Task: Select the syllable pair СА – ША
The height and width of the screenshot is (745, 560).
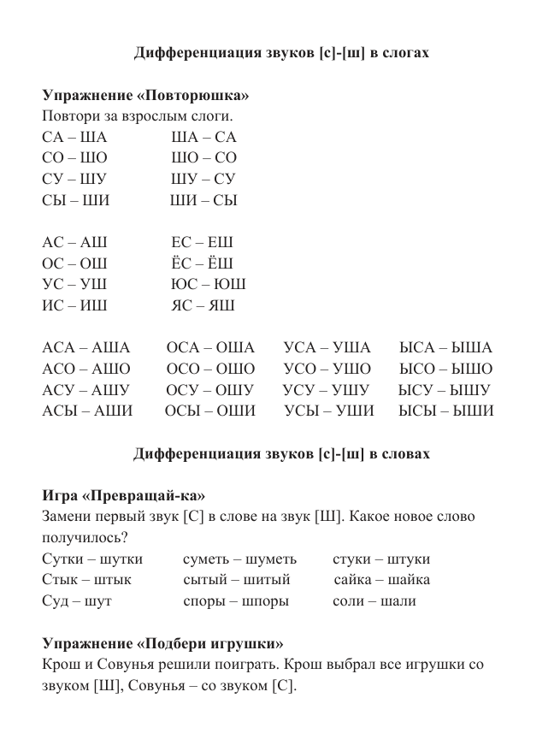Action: pos(74,137)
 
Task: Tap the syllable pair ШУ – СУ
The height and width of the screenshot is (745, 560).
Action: pos(203,179)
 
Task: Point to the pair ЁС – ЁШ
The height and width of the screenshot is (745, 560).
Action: pos(202,263)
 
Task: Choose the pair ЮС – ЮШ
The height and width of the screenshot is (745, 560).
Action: pos(209,284)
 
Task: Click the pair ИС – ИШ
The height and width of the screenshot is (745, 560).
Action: pos(74,305)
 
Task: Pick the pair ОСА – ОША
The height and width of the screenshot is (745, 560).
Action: pos(210,347)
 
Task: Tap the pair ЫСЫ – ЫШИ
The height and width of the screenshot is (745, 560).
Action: pos(445,411)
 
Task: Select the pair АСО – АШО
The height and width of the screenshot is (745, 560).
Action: pos(86,369)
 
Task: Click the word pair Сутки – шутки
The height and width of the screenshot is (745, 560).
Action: pos(86,559)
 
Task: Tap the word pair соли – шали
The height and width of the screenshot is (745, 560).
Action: pos(374,601)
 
